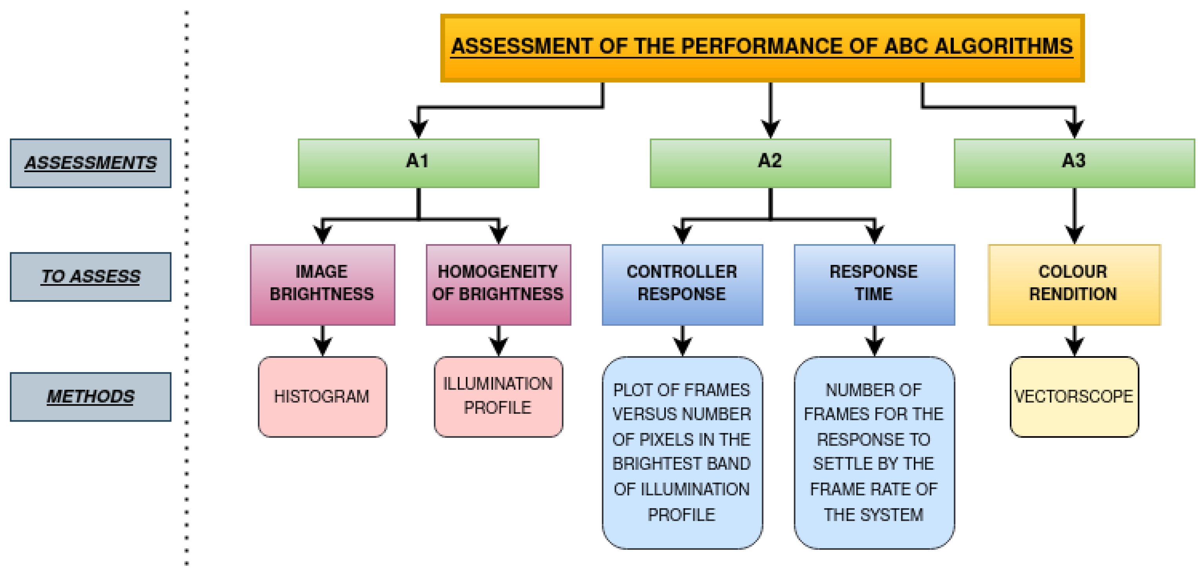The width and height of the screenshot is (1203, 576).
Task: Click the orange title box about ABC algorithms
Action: point(762,48)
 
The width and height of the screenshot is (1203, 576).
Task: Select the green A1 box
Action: point(418,163)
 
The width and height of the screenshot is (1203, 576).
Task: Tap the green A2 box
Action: point(770,163)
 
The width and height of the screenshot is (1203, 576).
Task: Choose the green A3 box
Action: point(1074,163)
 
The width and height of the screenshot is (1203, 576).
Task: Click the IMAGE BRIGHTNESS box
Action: point(322,284)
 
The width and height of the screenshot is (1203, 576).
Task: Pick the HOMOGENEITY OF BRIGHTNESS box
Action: point(498,284)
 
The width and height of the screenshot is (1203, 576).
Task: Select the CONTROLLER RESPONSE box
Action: point(682,284)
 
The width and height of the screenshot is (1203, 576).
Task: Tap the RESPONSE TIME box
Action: point(874,284)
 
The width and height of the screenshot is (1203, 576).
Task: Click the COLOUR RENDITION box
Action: point(1074,284)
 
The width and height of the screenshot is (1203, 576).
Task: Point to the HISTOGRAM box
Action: point(322,397)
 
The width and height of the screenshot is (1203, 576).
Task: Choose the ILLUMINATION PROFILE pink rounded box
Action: point(498,397)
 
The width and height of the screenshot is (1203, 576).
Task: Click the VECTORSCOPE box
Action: point(1074,397)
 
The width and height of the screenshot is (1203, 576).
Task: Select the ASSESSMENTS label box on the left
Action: point(91,163)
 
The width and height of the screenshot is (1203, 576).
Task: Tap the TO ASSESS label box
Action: point(91,277)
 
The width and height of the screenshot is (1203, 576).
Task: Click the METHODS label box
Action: point(91,397)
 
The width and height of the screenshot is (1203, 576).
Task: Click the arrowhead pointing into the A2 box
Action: point(770,129)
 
